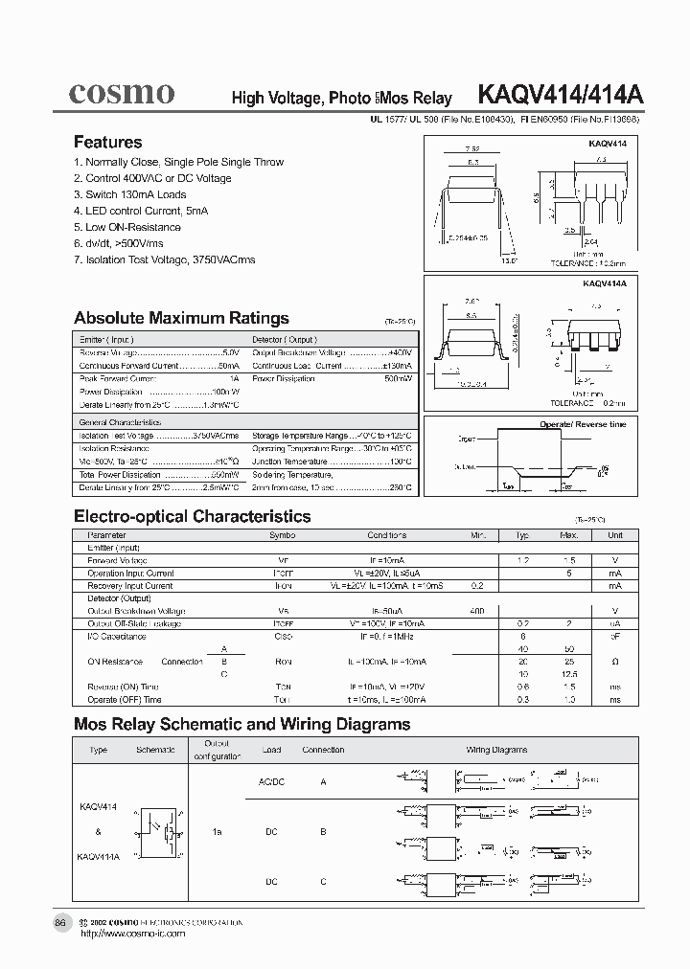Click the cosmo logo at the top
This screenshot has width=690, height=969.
click(x=121, y=93)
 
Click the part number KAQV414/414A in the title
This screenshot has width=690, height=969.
click(x=561, y=96)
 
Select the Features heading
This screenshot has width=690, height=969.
click(x=107, y=142)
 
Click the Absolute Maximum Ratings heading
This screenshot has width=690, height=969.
click(x=181, y=318)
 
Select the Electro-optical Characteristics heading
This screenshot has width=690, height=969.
click(x=192, y=516)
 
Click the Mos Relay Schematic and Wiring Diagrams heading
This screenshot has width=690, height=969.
click(x=241, y=724)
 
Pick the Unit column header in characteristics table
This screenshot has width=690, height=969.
click(x=614, y=535)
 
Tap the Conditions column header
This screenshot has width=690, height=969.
click(x=386, y=535)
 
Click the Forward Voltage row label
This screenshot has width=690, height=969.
click(x=118, y=560)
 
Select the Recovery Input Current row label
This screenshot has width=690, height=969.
click(x=130, y=585)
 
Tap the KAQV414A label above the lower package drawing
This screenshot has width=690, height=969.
click(x=604, y=284)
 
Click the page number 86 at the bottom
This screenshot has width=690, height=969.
click(x=60, y=922)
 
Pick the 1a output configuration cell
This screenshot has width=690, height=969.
click(x=218, y=832)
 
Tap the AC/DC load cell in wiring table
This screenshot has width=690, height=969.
click(x=271, y=781)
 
